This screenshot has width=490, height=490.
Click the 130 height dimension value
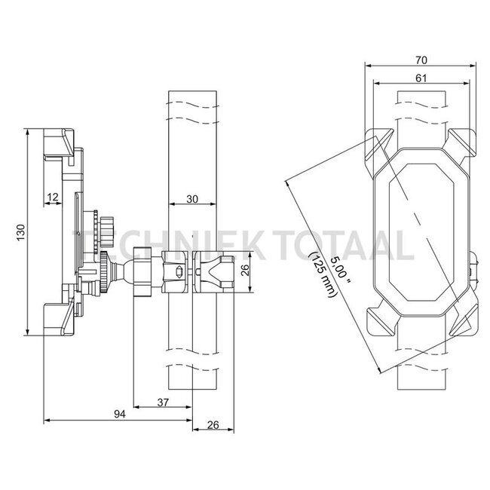click(x=20, y=232)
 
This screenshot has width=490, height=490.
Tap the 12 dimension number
click(x=53, y=198)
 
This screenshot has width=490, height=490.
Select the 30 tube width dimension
click(x=192, y=199)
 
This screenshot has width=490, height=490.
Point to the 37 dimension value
click(x=163, y=403)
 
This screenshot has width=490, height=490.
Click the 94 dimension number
click(x=119, y=414)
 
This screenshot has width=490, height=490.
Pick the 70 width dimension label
click(x=421, y=60)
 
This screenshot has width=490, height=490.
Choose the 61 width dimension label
click(x=421, y=78)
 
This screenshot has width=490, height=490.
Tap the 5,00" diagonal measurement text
click(x=341, y=271)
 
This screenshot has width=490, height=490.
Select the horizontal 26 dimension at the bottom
click(x=213, y=424)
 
